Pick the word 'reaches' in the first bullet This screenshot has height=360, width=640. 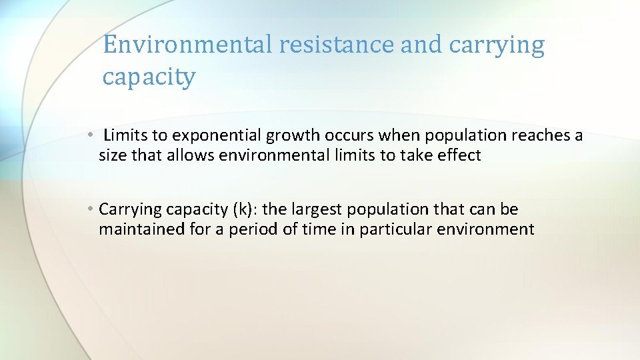tap(541, 136)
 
